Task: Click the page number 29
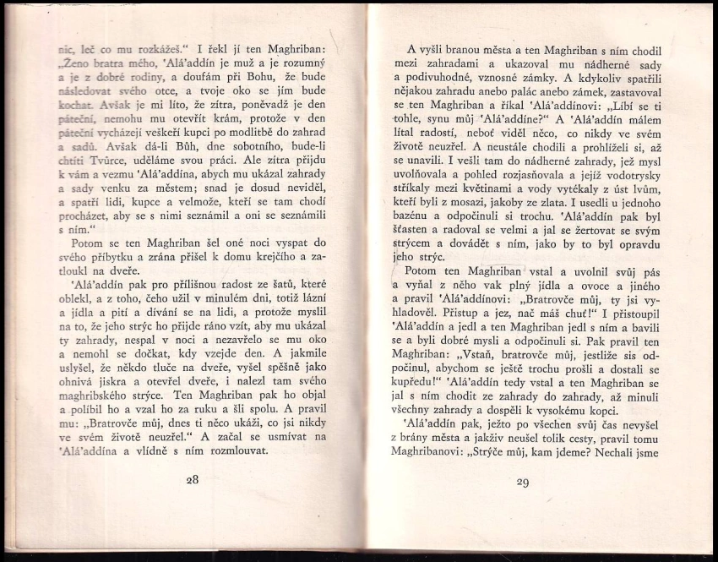tap(521, 483)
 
